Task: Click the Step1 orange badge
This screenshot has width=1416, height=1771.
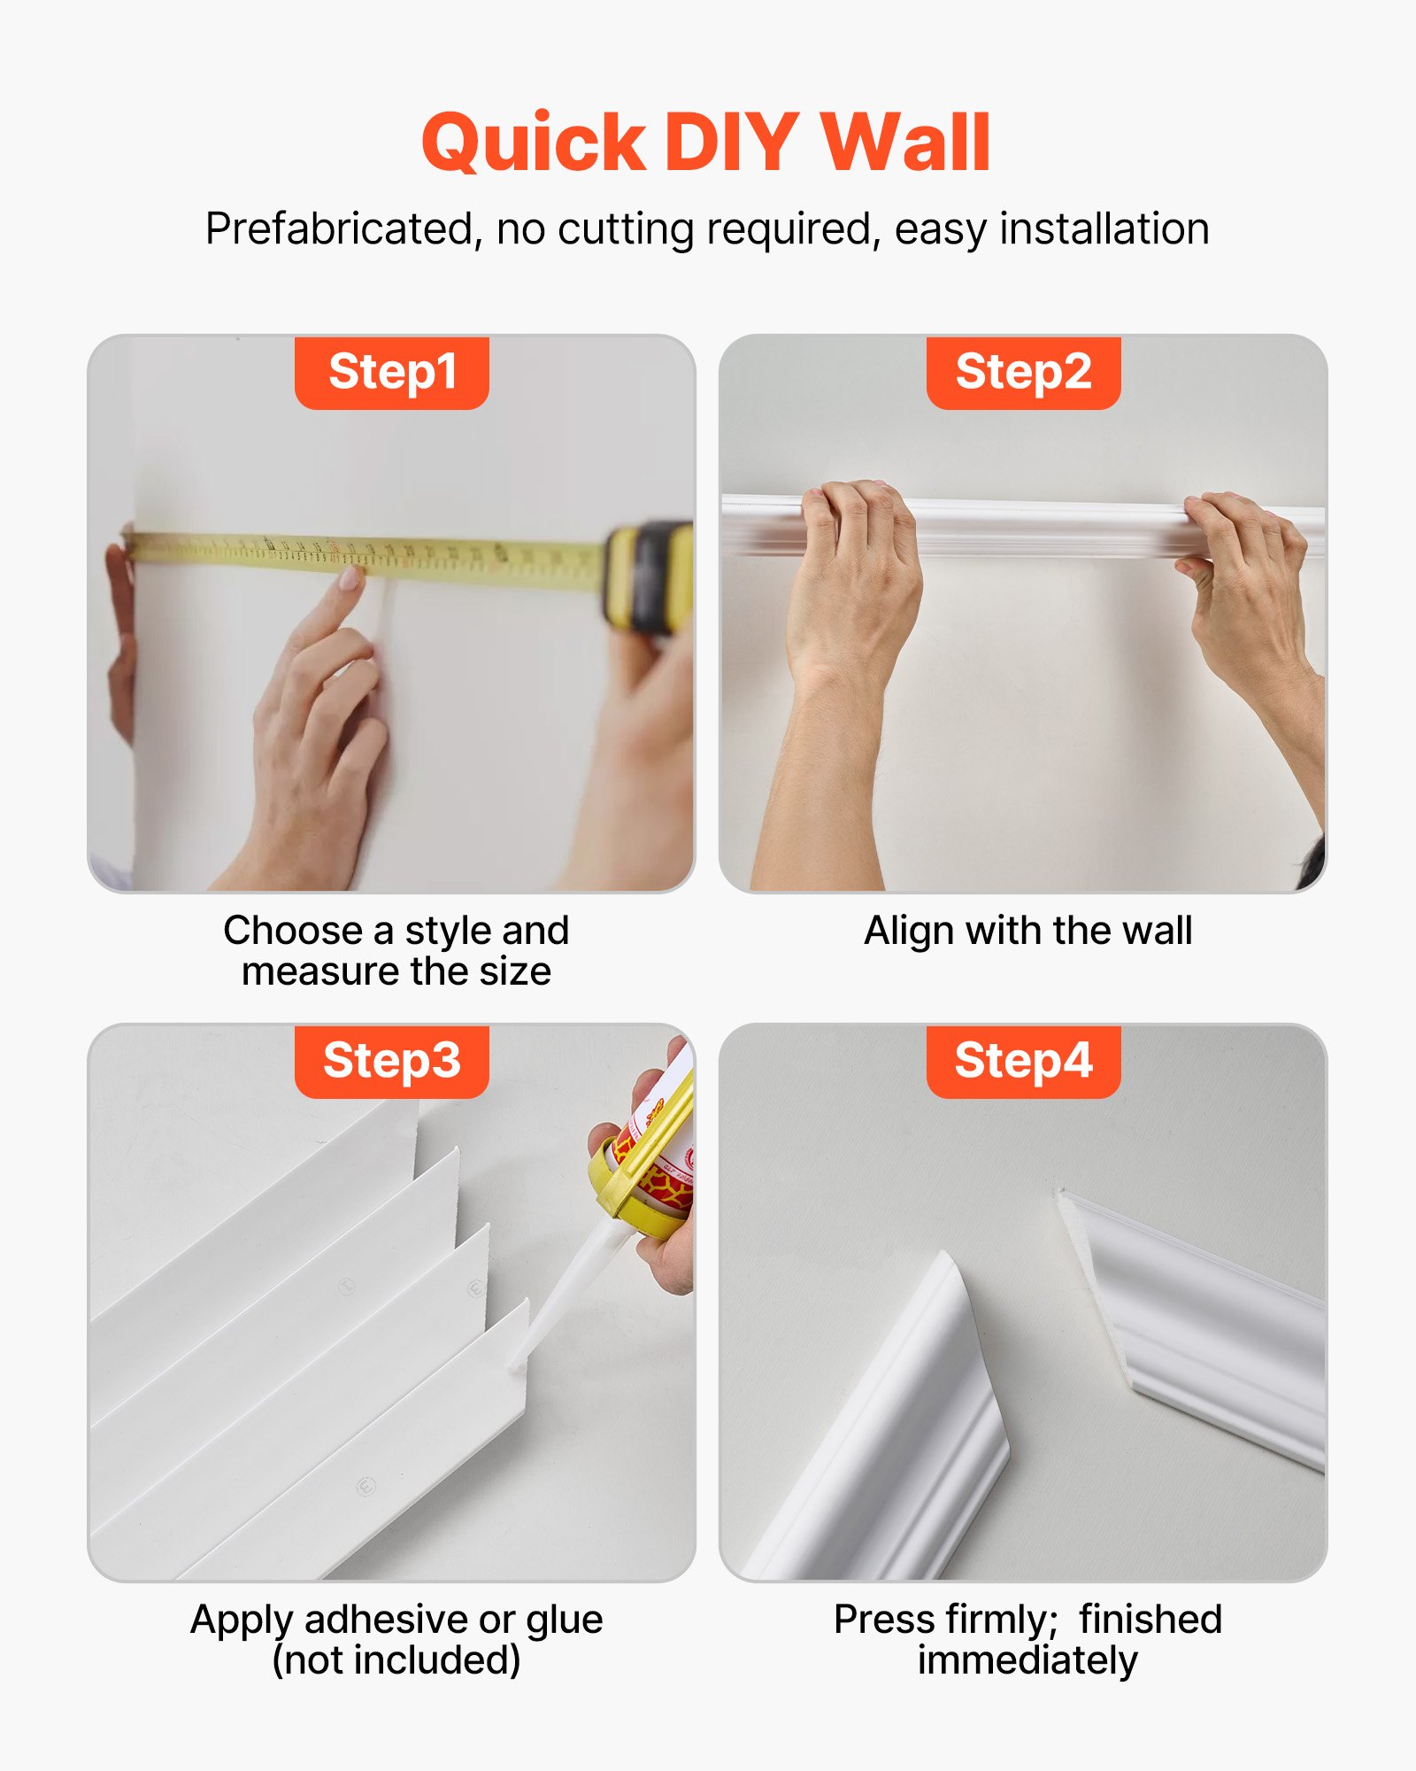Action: coord(391,372)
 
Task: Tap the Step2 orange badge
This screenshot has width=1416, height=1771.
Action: coord(1023,372)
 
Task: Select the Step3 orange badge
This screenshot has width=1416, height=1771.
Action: coord(391,1061)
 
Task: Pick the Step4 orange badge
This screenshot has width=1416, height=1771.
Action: coord(1023,1061)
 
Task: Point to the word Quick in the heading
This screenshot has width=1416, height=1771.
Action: coord(533,143)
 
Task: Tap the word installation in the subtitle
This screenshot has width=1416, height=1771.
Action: coord(1104,229)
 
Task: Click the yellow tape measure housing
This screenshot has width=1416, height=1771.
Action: coord(650,576)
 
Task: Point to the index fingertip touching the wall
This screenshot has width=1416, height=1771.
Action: coord(351,578)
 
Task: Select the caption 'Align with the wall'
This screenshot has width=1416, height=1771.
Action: coord(1027,932)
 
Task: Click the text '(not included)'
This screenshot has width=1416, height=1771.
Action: coord(396,1660)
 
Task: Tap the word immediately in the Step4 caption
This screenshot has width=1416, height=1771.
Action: coord(1027,1660)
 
